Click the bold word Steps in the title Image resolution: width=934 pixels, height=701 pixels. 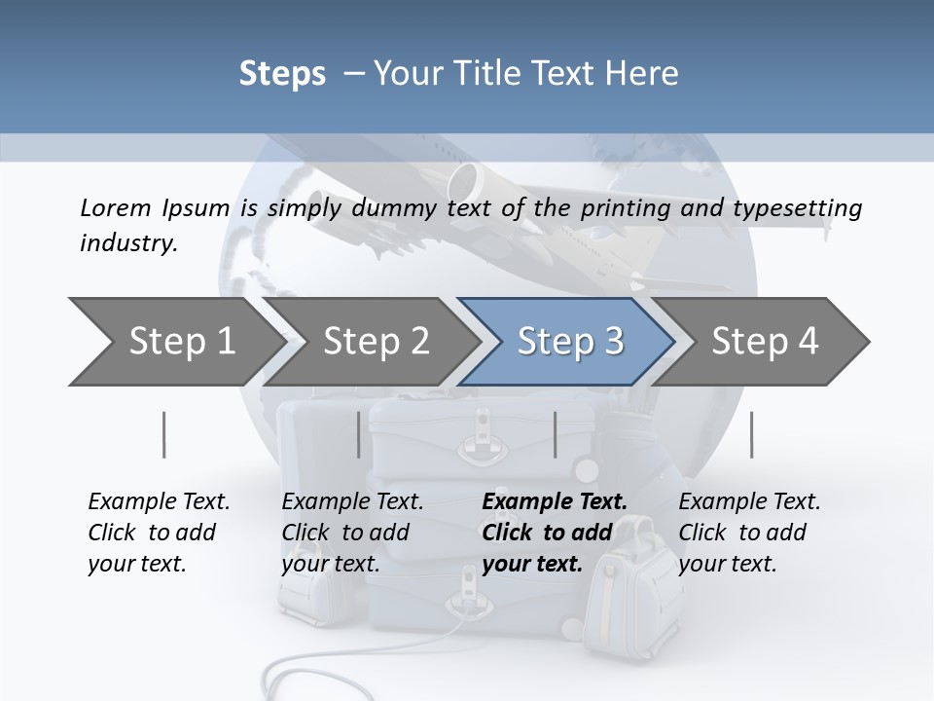(x=282, y=73)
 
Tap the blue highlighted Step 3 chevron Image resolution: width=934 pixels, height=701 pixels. (x=570, y=341)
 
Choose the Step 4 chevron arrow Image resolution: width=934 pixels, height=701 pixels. (x=765, y=341)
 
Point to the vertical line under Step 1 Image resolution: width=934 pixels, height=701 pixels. (x=163, y=434)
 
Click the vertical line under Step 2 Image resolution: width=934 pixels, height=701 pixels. (x=358, y=434)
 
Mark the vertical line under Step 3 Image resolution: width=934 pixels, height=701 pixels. (x=555, y=434)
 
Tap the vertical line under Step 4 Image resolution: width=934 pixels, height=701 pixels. (x=751, y=434)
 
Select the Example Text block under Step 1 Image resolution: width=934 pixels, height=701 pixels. (x=159, y=533)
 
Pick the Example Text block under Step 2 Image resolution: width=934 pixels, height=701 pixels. (x=352, y=533)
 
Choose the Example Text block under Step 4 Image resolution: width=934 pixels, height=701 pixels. (x=749, y=533)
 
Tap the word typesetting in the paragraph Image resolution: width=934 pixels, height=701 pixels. (x=806, y=207)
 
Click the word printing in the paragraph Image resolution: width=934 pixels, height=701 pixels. (x=622, y=207)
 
